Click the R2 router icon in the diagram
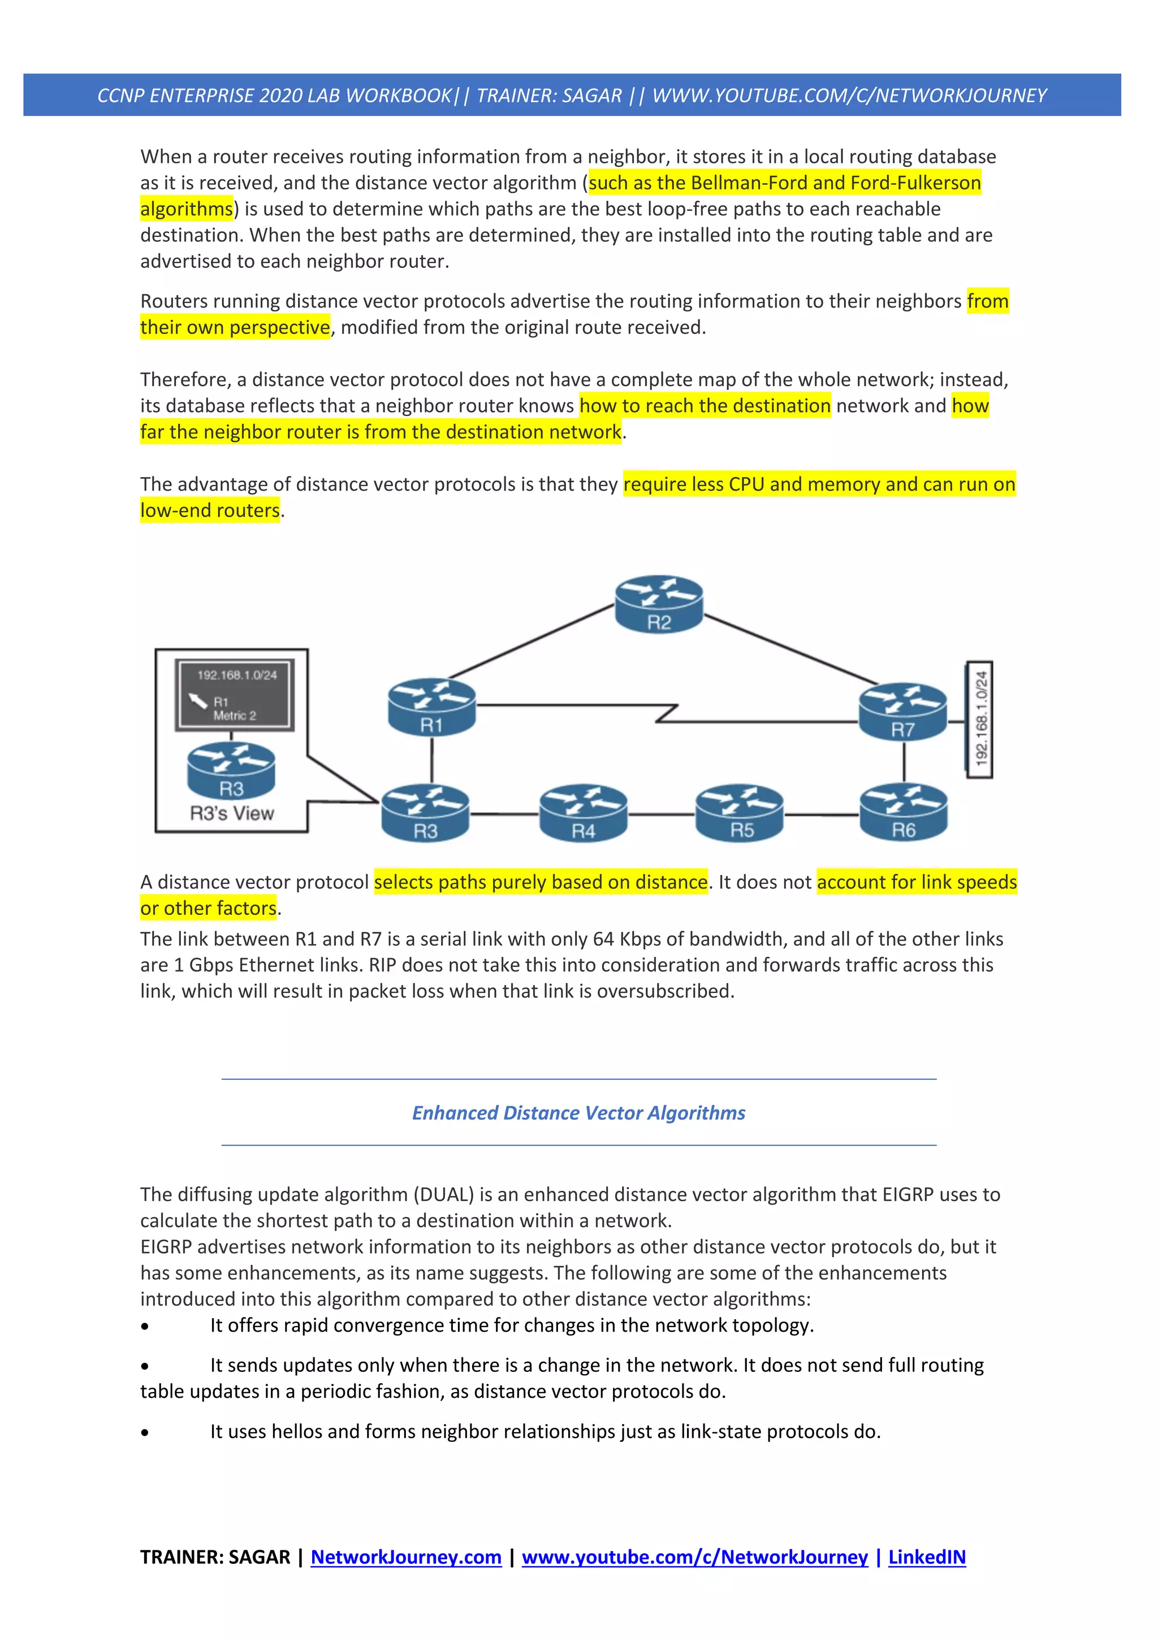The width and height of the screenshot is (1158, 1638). pos(659,604)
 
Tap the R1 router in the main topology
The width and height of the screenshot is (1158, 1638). pos(431,707)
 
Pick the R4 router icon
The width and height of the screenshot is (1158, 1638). pos(583,813)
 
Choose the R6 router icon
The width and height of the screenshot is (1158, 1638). pos(904,813)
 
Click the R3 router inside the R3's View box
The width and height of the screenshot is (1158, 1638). pos(231,770)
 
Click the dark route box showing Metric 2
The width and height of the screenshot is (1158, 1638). pos(235,694)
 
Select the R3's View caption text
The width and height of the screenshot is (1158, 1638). pos(232,813)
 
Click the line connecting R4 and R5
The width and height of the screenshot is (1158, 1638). pos(662,814)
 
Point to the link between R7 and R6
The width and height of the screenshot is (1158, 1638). pos(904,762)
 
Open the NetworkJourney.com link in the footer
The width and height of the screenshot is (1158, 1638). pos(406,1557)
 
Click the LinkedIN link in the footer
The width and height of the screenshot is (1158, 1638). pos(927,1557)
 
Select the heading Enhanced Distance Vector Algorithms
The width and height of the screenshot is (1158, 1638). pos(578,1113)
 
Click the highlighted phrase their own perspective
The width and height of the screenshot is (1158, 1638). pos(235,327)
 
